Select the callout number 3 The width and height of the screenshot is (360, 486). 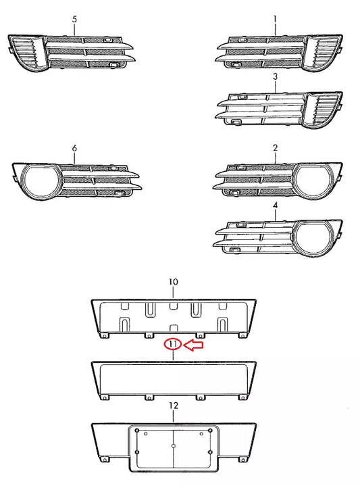276,78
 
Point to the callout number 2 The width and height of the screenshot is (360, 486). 276,147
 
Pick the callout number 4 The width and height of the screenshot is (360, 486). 276,204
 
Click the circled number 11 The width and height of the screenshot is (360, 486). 174,345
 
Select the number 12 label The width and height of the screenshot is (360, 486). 173,406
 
